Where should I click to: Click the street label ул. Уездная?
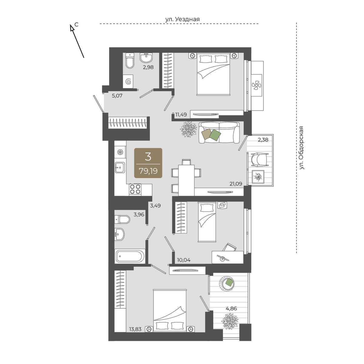pyautogui.click(x=182, y=19)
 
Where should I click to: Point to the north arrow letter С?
pyautogui.click(x=76, y=24)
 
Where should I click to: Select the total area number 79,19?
pyautogui.click(x=148, y=171)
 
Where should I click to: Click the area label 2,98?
pyautogui.click(x=148, y=67)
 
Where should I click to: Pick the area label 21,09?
pyautogui.click(x=236, y=184)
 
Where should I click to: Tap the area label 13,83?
pyautogui.click(x=135, y=335)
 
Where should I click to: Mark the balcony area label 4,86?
pyautogui.click(x=231, y=309)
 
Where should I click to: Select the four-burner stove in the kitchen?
pyautogui.click(x=135, y=190)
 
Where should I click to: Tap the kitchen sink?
pyautogui.click(x=120, y=167)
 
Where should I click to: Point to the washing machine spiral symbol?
pyautogui.click(x=128, y=82)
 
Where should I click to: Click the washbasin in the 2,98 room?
pyautogui.click(x=146, y=58)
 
